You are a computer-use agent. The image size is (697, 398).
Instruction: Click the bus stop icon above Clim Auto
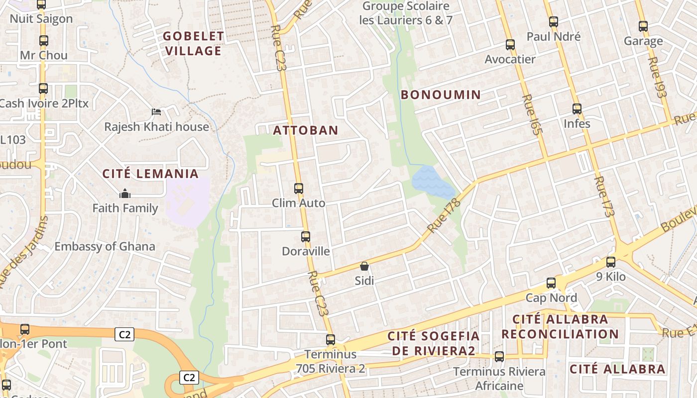[299, 189]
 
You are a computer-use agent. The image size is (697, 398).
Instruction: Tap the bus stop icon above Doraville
[306, 237]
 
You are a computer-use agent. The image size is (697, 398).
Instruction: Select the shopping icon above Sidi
[364, 266]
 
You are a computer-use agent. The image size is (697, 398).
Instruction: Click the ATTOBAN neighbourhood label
[306, 130]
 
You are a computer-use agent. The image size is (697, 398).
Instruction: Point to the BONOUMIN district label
[441, 95]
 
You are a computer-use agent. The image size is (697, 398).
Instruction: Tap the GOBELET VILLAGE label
[194, 43]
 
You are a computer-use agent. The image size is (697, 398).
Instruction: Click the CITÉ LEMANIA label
[150, 174]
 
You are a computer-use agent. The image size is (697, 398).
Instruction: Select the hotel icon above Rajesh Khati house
[156, 112]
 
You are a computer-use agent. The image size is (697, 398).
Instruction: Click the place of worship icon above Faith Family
[125, 193]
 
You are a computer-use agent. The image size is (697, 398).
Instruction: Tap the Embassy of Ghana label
[105, 246]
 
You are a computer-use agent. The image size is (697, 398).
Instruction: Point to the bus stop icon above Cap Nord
[551, 283]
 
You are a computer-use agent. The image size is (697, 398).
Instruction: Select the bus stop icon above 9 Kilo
[611, 262]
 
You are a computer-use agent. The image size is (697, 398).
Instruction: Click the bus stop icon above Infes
[577, 108]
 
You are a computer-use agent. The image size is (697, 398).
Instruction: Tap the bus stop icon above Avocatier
[510, 45]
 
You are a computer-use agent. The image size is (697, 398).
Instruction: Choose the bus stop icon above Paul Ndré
[554, 22]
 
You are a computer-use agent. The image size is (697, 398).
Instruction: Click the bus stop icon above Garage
[643, 26]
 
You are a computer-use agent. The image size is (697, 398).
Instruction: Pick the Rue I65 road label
[532, 115]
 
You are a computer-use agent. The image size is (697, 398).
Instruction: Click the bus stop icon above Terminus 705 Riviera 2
[331, 340]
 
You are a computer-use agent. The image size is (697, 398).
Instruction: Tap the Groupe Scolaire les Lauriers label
[405, 13]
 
